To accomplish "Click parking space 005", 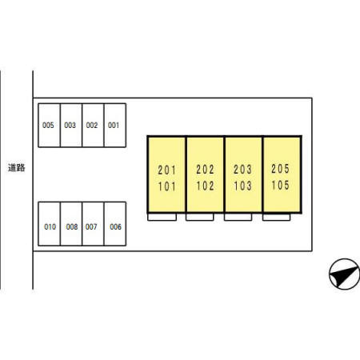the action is [x=50, y=126].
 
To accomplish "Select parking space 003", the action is [x=71, y=126].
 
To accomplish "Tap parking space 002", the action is [x=93, y=126].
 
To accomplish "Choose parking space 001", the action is [x=115, y=126].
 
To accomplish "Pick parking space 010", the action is [x=50, y=224].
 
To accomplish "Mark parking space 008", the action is [x=71, y=224].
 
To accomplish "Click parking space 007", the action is [x=93, y=224].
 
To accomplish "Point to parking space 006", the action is [x=115, y=224].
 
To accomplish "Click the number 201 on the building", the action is [x=166, y=170].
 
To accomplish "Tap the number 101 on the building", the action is [x=166, y=186].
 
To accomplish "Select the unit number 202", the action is [x=205, y=170].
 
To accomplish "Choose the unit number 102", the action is [x=205, y=186].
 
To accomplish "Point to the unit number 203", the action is [x=242, y=170].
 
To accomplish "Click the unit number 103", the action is [x=242, y=186].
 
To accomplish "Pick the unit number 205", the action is [x=280, y=169].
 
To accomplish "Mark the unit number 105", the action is [x=280, y=186].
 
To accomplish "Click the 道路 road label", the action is [x=17, y=168].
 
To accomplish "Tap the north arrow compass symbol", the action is [x=345, y=274].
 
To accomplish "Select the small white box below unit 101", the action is [x=162, y=217].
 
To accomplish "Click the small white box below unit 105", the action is [x=276, y=217].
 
